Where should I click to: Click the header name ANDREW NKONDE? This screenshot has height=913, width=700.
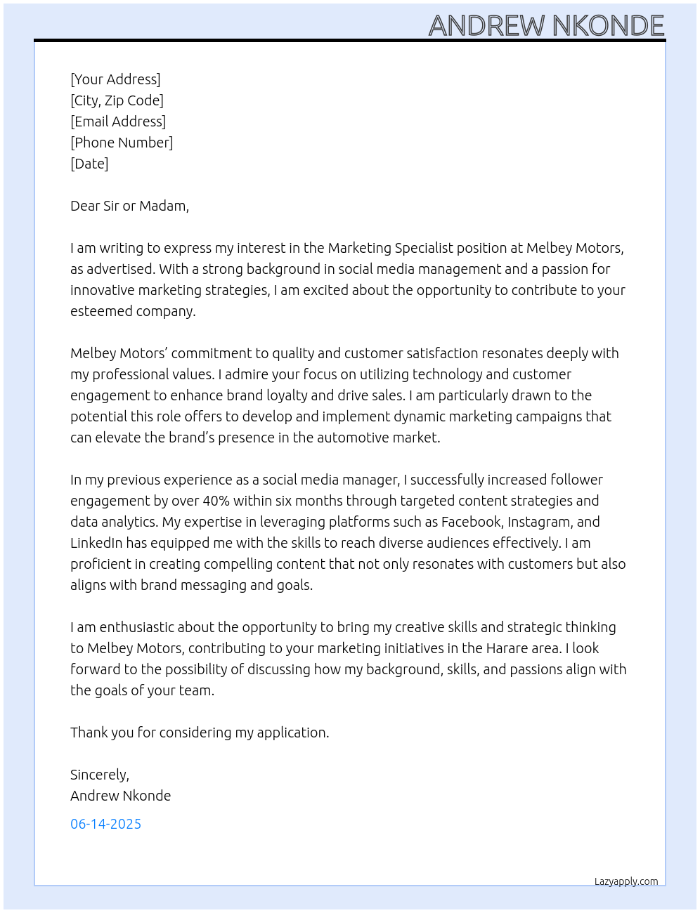click(x=546, y=26)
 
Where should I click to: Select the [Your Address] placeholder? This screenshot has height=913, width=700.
click(x=115, y=79)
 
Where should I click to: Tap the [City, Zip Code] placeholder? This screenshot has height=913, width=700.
click(x=117, y=100)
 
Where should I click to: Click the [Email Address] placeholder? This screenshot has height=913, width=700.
click(x=118, y=121)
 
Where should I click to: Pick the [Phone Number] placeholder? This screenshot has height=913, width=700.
click(x=122, y=143)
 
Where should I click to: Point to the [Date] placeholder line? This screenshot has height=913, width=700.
click(x=89, y=164)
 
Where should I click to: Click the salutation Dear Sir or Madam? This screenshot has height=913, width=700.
click(x=129, y=206)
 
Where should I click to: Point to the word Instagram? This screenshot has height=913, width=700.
click(x=539, y=522)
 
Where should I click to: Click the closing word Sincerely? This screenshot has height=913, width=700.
click(x=99, y=775)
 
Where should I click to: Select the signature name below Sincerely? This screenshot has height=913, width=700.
click(x=120, y=796)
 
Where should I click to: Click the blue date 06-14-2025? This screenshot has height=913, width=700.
click(x=105, y=824)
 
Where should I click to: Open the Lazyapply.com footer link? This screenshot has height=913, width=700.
click(x=626, y=881)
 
